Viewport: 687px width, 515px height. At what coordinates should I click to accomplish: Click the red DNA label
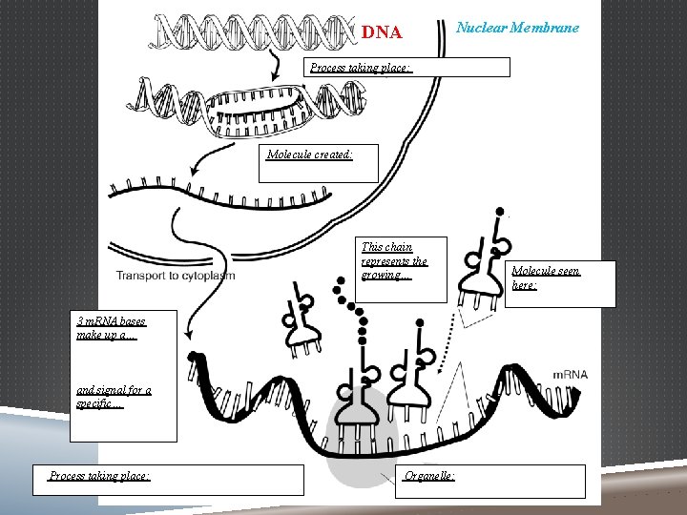(x=382, y=32)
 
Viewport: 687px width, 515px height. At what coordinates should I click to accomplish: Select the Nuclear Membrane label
(x=516, y=28)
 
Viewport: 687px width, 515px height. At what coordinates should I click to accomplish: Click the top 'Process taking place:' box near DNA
(x=407, y=67)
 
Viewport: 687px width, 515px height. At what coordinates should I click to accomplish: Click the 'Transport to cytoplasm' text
(x=176, y=276)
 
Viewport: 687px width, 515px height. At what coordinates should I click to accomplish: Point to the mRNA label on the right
(x=570, y=375)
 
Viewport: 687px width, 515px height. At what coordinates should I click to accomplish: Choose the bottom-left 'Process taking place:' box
(x=175, y=480)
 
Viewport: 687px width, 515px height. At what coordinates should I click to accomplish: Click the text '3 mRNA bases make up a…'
(x=111, y=329)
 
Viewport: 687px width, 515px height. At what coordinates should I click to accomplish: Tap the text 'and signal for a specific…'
(x=114, y=397)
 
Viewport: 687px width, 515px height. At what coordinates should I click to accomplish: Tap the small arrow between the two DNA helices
(x=275, y=65)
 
